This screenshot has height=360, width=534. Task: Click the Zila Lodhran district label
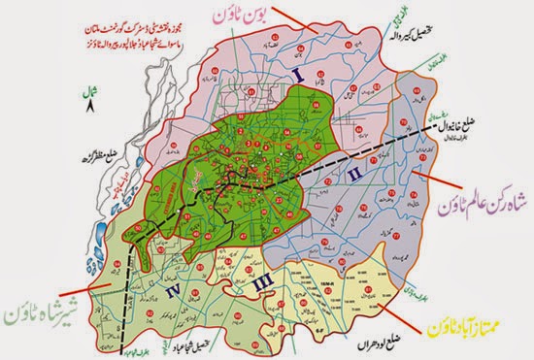click(370, 335)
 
